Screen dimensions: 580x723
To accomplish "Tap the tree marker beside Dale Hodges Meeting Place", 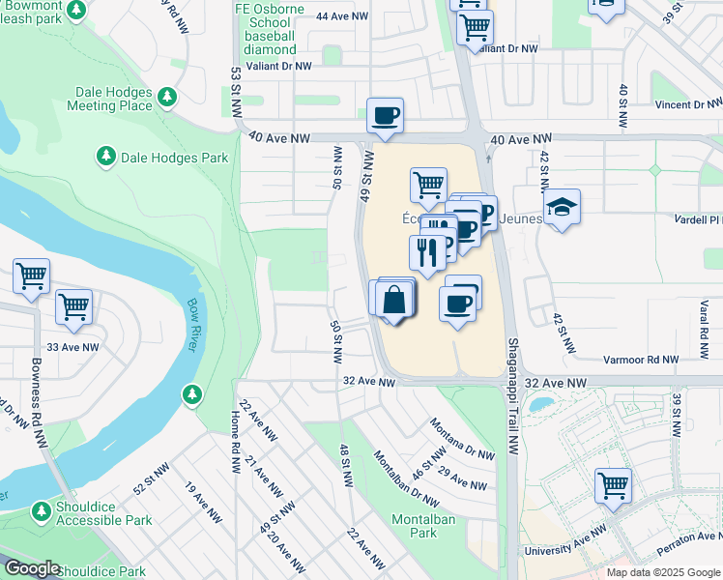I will [x=168, y=97].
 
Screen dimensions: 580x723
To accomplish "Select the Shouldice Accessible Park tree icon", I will [x=42, y=509].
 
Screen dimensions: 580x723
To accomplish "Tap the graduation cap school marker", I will [x=561, y=206].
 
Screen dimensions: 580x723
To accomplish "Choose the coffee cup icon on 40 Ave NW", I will [x=385, y=115].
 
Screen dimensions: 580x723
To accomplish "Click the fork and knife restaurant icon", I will [x=427, y=252].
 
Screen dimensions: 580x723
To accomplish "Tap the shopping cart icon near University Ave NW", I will [x=613, y=484].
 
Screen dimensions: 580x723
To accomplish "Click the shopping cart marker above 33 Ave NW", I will [x=73, y=306].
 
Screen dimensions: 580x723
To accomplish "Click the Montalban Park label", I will [x=417, y=526].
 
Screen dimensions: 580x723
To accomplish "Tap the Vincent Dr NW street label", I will [x=687, y=104].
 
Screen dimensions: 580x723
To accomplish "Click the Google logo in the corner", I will [x=32, y=568].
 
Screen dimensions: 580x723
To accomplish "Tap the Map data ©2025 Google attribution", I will [x=663, y=572].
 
